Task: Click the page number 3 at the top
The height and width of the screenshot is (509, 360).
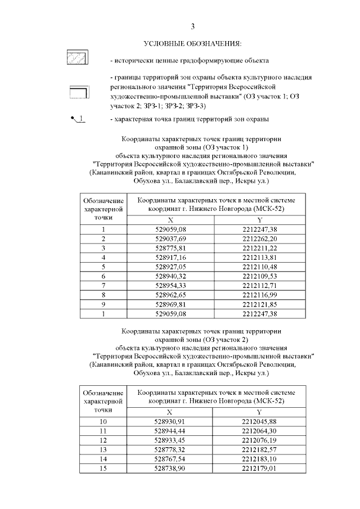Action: click(x=192, y=26)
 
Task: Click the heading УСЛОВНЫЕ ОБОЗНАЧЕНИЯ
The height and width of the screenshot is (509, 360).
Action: click(x=192, y=44)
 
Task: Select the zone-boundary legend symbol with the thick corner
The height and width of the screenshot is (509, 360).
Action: click(x=78, y=91)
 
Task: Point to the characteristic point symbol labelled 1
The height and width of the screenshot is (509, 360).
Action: click(x=78, y=119)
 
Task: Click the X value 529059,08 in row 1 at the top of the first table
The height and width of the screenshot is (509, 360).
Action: click(x=170, y=229)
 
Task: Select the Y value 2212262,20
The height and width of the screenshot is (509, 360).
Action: click(x=259, y=238)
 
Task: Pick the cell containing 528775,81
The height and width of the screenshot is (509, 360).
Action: click(x=170, y=247)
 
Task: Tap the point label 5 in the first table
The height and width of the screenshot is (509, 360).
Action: click(x=103, y=266)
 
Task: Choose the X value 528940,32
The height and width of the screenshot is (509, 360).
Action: click(x=170, y=275)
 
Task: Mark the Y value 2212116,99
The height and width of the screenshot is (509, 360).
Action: click(x=259, y=293)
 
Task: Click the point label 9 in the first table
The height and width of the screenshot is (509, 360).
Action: click(x=103, y=303)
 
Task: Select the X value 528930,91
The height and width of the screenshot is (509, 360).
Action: click(x=170, y=422)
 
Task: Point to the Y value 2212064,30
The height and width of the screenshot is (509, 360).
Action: click(x=259, y=431)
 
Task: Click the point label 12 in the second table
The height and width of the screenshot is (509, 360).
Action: click(x=103, y=440)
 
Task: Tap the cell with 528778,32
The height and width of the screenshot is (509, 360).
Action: click(x=170, y=449)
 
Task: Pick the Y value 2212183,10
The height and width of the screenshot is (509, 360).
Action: click(x=259, y=458)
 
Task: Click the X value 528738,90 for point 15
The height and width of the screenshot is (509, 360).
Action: click(x=170, y=467)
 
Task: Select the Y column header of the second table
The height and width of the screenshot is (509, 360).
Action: click(x=259, y=412)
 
